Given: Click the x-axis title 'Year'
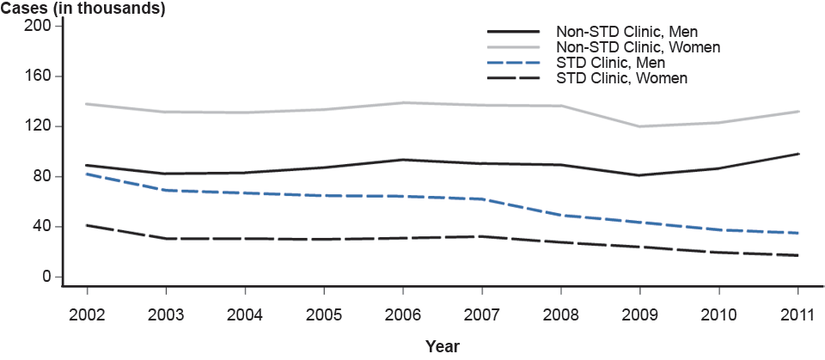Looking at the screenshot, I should pyautogui.click(x=443, y=347).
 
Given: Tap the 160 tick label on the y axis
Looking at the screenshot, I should pyautogui.click(x=40, y=76).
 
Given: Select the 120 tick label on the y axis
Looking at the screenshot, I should pyautogui.click(x=40, y=126).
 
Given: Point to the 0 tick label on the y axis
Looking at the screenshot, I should pyautogui.click(x=46, y=278).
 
